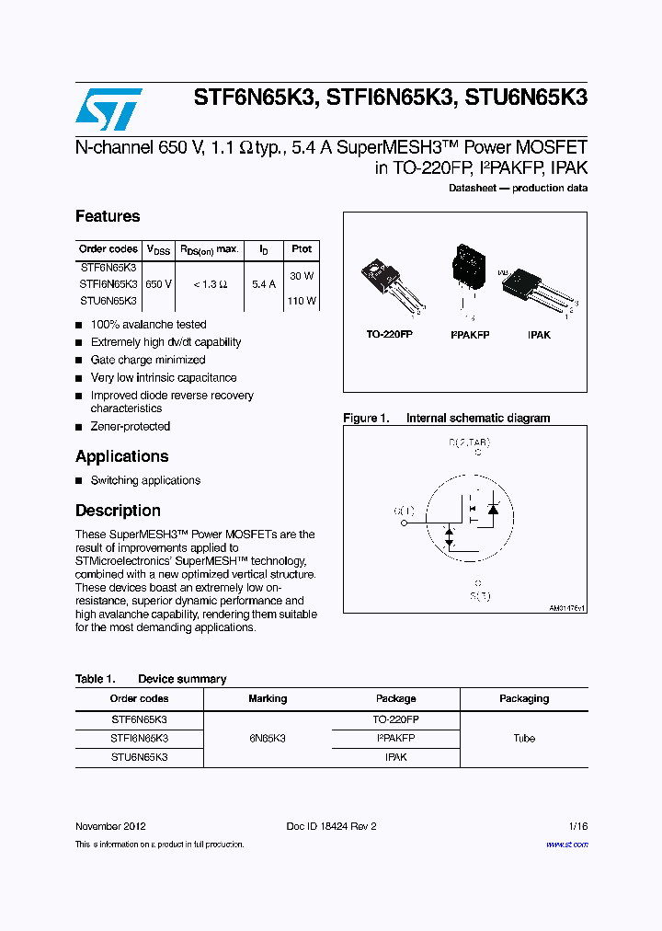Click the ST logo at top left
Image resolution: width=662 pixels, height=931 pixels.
pyautogui.click(x=108, y=109)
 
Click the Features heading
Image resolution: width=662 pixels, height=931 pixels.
pyautogui.click(x=108, y=216)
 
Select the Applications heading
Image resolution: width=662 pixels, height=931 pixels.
pyautogui.click(x=121, y=456)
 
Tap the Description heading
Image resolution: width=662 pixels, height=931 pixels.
pyautogui.click(x=118, y=511)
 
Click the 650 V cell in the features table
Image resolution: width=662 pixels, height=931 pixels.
pyautogui.click(x=158, y=284)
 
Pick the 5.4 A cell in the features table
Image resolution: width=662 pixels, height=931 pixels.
pyautogui.click(x=264, y=284)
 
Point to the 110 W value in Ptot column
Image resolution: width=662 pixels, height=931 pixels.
pyautogui.click(x=302, y=301)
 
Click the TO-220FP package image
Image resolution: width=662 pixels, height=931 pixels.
pyautogui.click(x=392, y=286)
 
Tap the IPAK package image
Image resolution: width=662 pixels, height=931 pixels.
pyautogui.click(x=537, y=287)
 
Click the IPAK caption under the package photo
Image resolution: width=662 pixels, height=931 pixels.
pyautogui.click(x=539, y=335)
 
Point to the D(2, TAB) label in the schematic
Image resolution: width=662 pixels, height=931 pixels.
pyautogui.click(x=469, y=443)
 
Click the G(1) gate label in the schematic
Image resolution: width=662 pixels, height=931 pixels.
pyautogui.click(x=404, y=511)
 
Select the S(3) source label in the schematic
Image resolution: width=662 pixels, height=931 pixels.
pyautogui.click(x=477, y=596)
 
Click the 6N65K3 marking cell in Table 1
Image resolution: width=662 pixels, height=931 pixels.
pyautogui.click(x=268, y=738)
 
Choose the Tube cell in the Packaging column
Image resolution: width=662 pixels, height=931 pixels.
pyautogui.click(x=524, y=738)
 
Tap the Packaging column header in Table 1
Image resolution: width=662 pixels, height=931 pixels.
pyautogui.click(x=524, y=699)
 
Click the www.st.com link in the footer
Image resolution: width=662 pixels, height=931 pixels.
pyautogui.click(x=566, y=845)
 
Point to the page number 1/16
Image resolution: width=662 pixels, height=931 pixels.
pyautogui.click(x=576, y=826)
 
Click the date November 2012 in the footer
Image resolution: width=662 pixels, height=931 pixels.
pyautogui.click(x=110, y=826)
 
